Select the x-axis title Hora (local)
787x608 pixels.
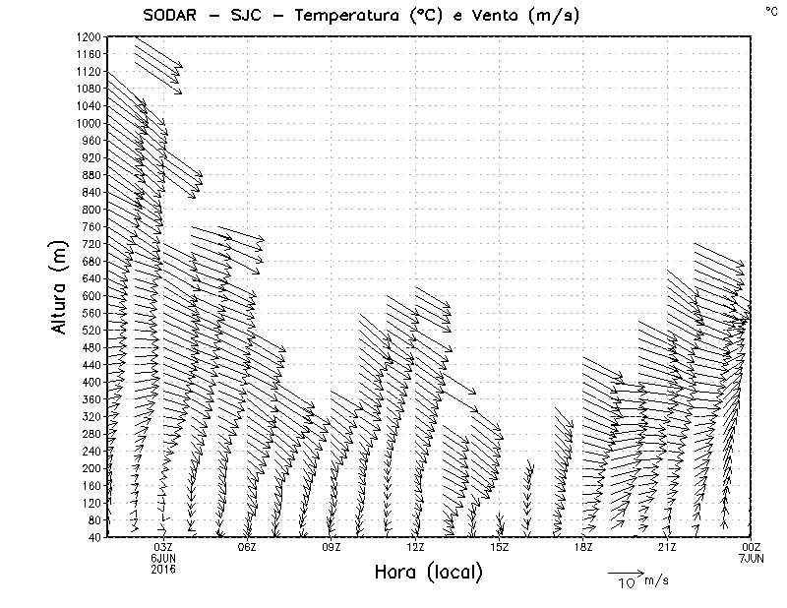(429, 573)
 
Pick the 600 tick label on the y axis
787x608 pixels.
(91, 295)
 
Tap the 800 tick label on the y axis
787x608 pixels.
(91, 210)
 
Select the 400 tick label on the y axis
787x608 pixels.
(91, 382)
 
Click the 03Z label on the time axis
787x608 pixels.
(163, 547)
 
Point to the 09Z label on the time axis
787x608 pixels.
(332, 547)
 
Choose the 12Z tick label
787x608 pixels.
(415, 547)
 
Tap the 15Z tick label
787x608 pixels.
(500, 547)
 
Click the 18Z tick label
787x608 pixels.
(583, 547)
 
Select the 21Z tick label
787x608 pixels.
(667, 547)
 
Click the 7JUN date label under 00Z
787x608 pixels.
(751, 558)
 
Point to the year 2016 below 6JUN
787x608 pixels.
(163, 569)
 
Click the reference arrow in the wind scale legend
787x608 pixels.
(624, 572)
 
